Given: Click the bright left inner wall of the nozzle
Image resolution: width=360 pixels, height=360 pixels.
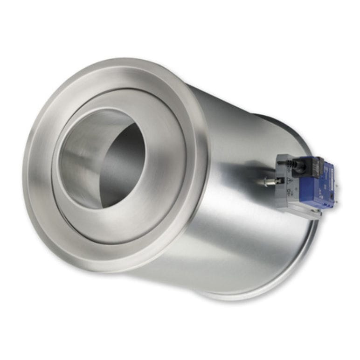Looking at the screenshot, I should pyautogui.click(x=77, y=159).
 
